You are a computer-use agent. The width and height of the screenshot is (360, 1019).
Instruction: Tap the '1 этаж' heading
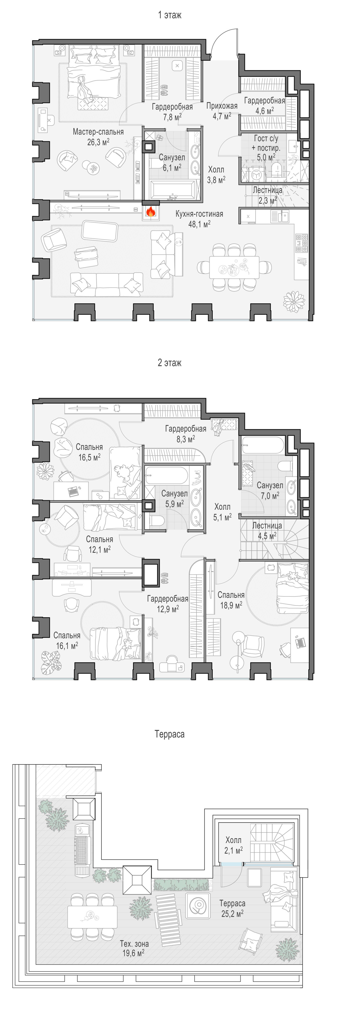tap(170, 15)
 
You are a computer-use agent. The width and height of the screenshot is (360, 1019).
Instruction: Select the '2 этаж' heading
tap(169, 363)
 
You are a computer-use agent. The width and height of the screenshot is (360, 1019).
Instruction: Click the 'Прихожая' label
tap(222, 106)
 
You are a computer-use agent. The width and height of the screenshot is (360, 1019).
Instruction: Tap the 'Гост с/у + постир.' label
tap(266, 143)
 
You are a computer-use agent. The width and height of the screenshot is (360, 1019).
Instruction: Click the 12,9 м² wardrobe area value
tap(168, 609)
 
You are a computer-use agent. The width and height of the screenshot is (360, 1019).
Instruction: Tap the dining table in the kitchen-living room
tap(234, 267)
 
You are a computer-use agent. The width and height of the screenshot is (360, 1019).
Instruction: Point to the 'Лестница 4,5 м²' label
tap(267, 530)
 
